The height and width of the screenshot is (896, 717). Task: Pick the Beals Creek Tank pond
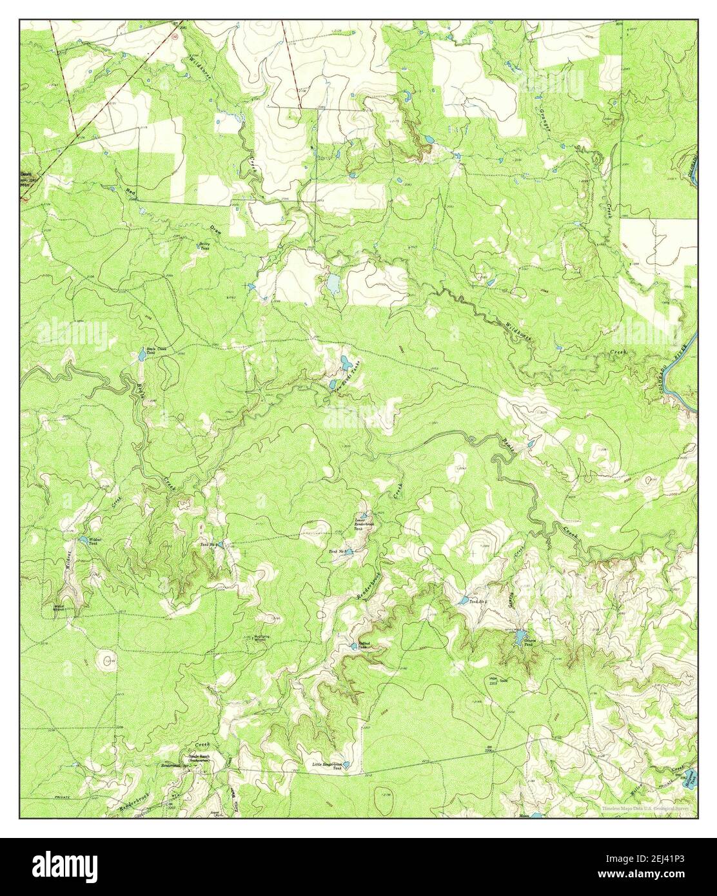(142, 354)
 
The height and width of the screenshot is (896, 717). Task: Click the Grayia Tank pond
(519, 638)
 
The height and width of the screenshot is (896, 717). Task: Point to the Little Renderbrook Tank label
(326, 766)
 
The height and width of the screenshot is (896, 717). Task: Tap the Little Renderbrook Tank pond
(346, 765)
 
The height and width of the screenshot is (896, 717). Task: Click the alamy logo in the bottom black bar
(66, 864)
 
